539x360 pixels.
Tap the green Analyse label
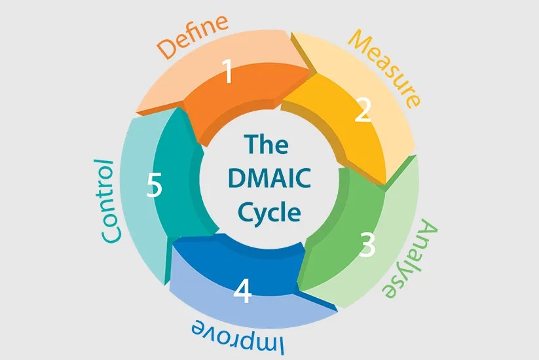pyautogui.click(x=410, y=260)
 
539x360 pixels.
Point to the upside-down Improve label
pyautogui.click(x=238, y=337)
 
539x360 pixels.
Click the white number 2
pyautogui.click(x=363, y=110)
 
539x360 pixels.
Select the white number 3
pyautogui.click(x=367, y=245)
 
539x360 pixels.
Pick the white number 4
pyautogui.click(x=242, y=291)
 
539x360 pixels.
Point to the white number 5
pyautogui.click(x=155, y=185)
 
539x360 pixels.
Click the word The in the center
pyautogui.click(x=267, y=144)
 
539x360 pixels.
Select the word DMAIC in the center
pyautogui.click(x=270, y=178)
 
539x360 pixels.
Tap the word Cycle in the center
pyautogui.click(x=270, y=212)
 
